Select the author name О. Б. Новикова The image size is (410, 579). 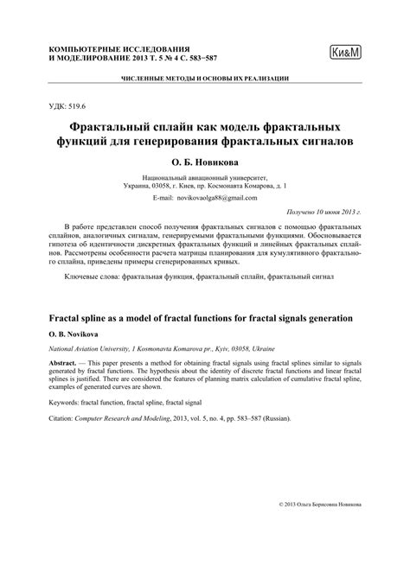pyautogui.click(x=204, y=161)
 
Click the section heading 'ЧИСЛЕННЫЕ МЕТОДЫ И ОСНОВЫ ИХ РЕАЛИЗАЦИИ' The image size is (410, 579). pyautogui.click(x=205, y=79)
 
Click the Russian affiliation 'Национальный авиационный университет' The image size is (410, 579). pyautogui.click(x=205, y=175)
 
